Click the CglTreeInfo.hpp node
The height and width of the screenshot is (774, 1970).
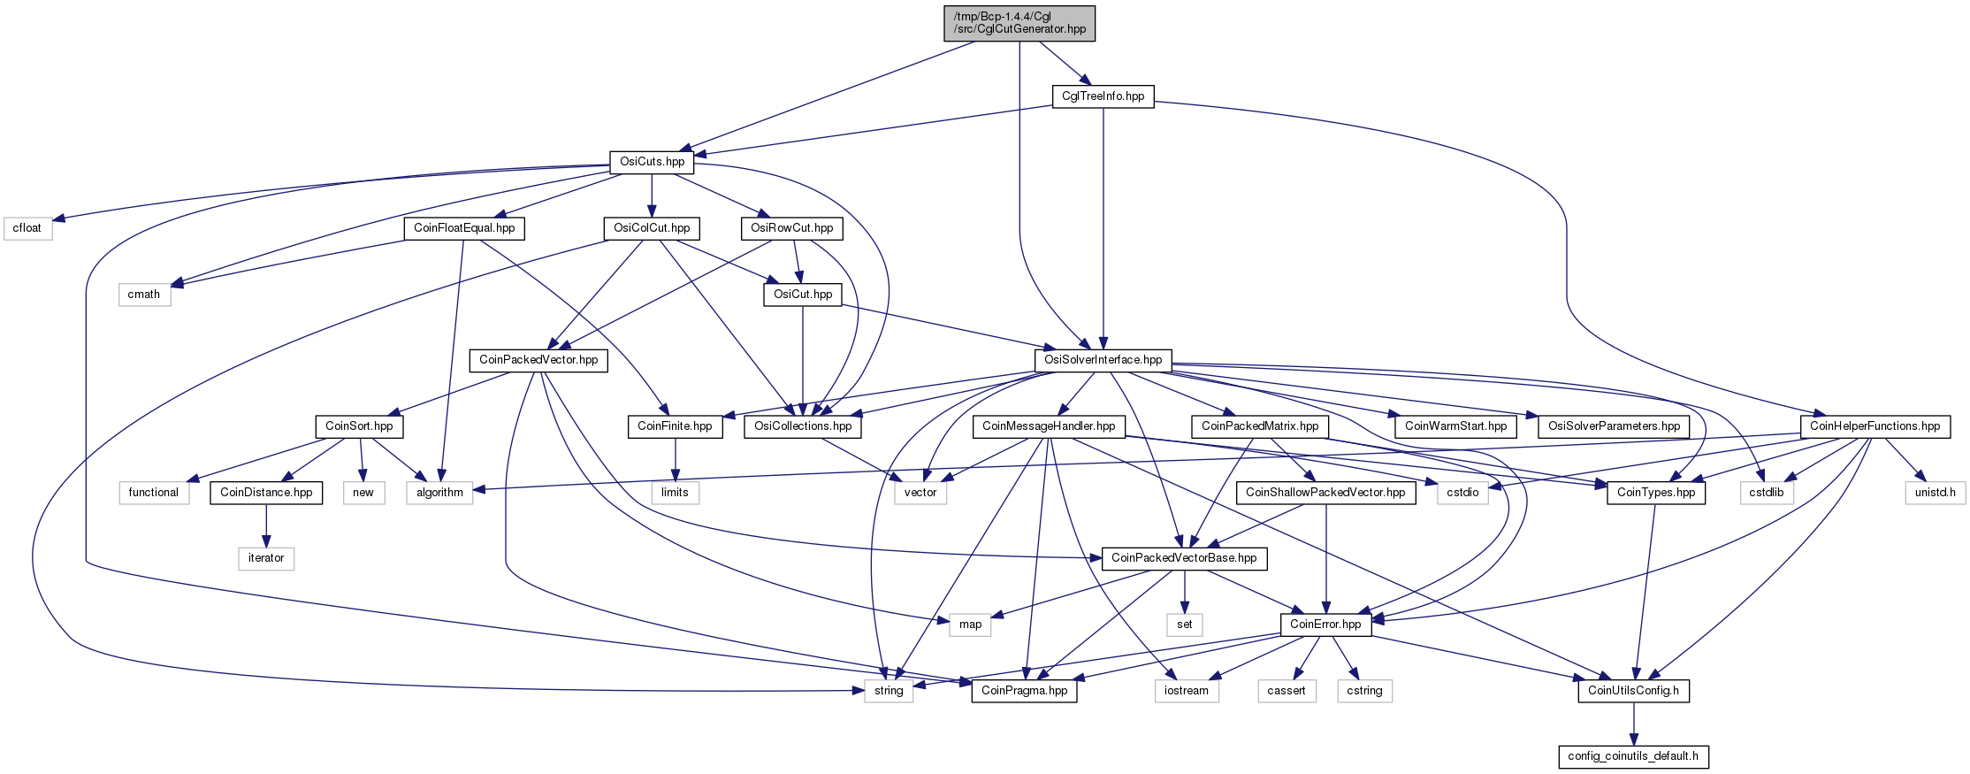pos(1103,96)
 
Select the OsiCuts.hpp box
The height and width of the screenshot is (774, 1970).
pos(652,162)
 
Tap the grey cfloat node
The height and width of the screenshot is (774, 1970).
pos(27,228)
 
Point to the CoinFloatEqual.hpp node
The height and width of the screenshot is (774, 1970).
pos(464,228)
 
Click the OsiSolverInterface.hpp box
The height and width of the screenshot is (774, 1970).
pos(1103,360)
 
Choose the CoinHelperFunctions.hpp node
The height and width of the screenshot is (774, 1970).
pos(1875,426)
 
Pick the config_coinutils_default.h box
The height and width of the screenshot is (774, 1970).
pos(1633,756)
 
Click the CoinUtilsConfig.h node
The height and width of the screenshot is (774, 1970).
pos(1633,691)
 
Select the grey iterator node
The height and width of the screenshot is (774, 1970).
pos(266,558)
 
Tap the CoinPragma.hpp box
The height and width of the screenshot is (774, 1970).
pos(1024,691)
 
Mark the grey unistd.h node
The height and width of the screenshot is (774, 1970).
pos(1935,493)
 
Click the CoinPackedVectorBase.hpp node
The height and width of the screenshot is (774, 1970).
pos(1184,558)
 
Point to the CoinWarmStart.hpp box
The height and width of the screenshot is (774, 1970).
pos(1455,426)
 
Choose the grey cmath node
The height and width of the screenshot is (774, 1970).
pos(144,295)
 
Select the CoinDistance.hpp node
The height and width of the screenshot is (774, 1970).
pos(266,493)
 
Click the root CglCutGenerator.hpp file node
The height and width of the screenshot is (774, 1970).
pos(1019,23)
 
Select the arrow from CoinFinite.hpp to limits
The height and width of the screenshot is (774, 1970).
pos(675,459)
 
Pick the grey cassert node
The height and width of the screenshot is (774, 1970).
pos(1286,691)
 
